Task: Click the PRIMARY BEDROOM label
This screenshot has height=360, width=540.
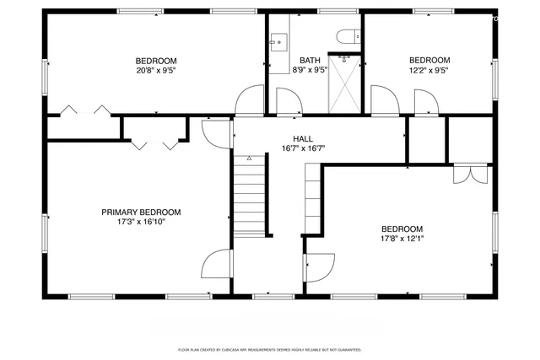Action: tap(141, 212)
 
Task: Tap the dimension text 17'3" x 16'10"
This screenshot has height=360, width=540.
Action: tap(141, 223)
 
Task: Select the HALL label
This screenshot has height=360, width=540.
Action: tap(303, 138)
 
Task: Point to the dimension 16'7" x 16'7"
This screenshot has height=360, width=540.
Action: tap(303, 148)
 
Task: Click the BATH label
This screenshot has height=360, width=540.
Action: tap(310, 60)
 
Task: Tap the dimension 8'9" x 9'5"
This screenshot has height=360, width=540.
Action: tap(310, 71)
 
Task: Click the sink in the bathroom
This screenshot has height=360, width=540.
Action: tap(278, 40)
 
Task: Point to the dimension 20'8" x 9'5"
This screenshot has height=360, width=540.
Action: tap(157, 71)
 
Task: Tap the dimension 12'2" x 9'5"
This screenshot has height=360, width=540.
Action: tap(429, 71)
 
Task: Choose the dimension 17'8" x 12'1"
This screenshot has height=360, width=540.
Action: tap(402, 239)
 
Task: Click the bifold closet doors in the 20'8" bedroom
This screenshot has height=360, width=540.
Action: tap(84, 110)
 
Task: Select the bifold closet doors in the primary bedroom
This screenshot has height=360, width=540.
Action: tap(154, 142)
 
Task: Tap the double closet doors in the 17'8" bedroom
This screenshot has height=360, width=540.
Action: tap(470, 173)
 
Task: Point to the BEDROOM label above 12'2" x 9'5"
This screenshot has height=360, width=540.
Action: tap(429, 60)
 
